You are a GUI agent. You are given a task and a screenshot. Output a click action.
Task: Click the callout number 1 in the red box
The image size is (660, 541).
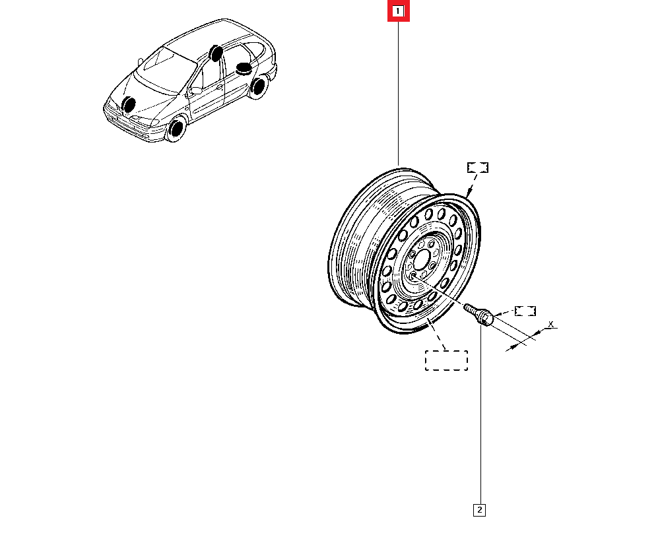pos(398,11)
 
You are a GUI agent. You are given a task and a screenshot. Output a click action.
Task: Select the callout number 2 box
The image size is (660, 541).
pos(480,509)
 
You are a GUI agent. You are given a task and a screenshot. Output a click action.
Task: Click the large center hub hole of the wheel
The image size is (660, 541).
pos(423,257)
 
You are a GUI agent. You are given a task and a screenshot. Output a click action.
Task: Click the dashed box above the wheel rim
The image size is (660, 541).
pos(478,167)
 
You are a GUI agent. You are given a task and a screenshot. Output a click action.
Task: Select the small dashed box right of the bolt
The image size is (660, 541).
pos(525,311)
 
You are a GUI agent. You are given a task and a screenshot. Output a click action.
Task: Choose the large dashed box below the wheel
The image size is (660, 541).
pos(446,360)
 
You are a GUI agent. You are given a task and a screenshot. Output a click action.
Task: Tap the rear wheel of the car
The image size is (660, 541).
pos(258,86)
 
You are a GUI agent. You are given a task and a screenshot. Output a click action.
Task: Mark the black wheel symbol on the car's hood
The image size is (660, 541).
pos(129,104)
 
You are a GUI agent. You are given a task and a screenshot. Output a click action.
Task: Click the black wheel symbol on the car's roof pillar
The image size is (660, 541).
pos(214,53)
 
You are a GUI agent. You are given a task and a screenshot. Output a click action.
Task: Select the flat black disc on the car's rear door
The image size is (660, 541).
pos(245,68)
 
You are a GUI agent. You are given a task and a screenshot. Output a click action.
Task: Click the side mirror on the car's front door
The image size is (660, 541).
pos(195,91)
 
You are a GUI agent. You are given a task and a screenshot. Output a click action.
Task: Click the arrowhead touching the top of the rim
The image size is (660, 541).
pos(470,192)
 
